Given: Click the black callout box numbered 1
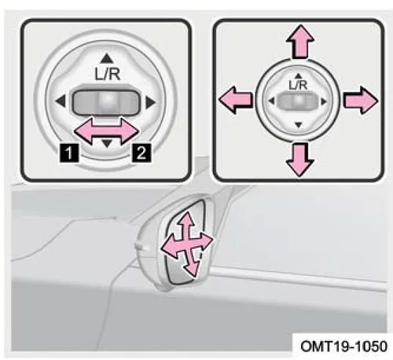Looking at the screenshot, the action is tap(69, 152).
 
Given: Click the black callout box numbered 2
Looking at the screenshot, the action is tap(141, 152).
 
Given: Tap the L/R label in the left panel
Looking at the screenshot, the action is tap(108, 75).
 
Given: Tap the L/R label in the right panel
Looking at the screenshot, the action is tap(298, 85).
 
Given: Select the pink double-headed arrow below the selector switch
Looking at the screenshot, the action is tap(106, 131).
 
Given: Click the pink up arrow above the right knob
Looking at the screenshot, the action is tap(300, 41).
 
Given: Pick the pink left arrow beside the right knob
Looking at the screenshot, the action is tap(236, 100).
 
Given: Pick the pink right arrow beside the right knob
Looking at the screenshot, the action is tap(361, 101).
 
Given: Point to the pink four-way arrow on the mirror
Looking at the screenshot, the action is tap(187, 244).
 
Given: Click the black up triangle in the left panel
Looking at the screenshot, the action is tap(107, 58).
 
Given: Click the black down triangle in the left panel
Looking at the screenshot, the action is tap(107, 143).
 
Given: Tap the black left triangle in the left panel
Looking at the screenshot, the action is tap(61, 101).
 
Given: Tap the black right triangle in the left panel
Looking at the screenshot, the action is tap(151, 102).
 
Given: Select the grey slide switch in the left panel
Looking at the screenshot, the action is tap(106, 102).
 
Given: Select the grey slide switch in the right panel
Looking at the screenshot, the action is tap(298, 101).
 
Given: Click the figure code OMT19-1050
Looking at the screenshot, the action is tap(343, 347).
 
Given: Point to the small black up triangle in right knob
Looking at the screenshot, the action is tap(298, 76).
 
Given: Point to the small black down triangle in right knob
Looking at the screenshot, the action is tap(299, 125).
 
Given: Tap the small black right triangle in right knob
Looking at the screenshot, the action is tap(325, 101).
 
